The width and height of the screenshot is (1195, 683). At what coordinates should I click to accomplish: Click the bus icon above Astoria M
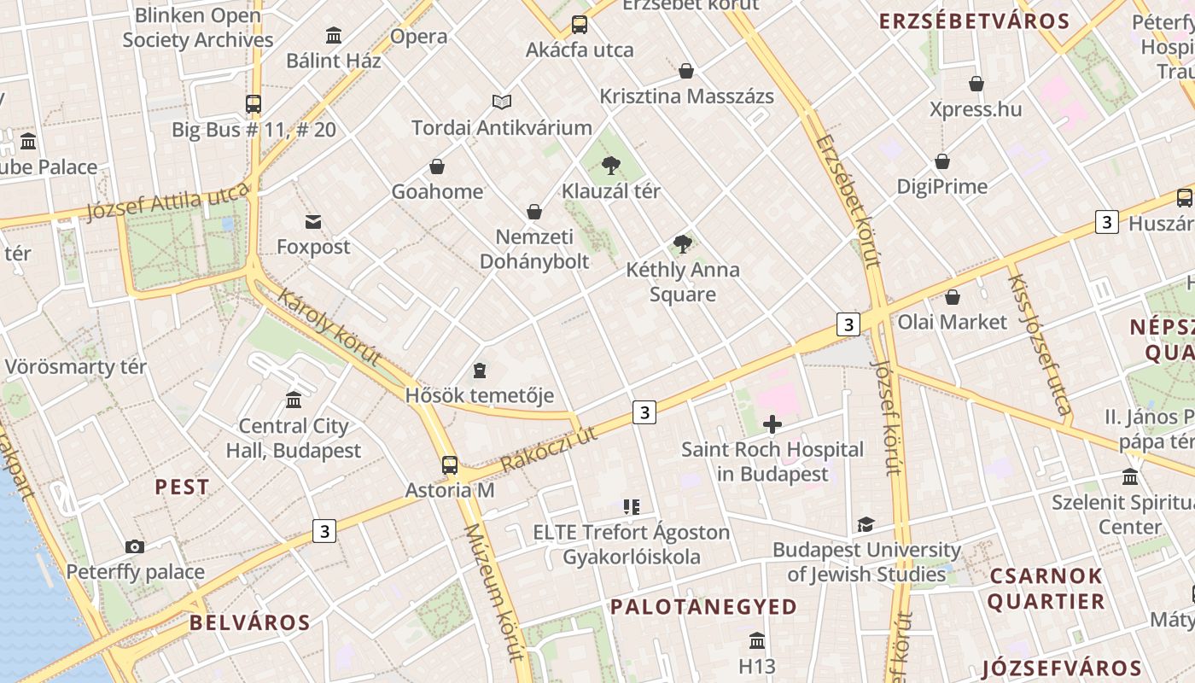450,465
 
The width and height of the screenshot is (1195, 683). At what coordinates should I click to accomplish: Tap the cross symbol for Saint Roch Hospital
772,424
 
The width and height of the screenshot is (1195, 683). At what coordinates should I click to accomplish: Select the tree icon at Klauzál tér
610,166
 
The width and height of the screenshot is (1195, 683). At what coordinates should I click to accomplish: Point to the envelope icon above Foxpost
313,222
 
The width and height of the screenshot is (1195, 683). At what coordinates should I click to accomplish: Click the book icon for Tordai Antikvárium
502,102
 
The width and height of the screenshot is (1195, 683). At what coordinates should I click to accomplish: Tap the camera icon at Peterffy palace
135,546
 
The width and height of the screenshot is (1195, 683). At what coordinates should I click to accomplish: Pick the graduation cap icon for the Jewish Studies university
866,525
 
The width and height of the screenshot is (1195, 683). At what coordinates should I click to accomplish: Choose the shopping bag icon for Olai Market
952,297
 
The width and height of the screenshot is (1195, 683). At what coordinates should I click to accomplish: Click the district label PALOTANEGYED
704,607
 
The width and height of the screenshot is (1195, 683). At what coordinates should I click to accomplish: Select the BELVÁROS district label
250,622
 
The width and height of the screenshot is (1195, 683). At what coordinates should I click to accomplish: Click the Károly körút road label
329,328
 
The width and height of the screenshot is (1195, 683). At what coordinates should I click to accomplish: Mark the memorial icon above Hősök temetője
480,371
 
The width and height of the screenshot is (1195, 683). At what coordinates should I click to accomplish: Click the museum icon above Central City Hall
294,400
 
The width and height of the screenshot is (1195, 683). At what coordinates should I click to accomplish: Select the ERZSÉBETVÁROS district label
974,21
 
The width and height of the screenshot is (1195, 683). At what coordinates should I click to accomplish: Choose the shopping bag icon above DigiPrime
942,161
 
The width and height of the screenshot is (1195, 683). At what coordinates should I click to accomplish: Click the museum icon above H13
756,640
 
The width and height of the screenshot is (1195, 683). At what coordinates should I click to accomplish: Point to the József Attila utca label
167,202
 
